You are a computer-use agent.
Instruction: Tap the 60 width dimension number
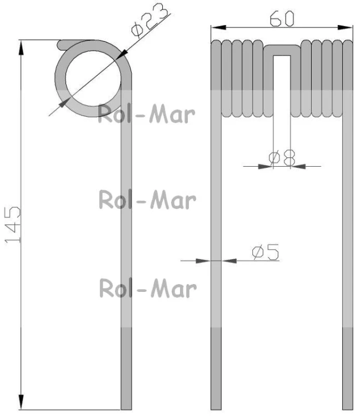[x=282, y=18]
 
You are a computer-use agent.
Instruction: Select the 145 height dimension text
[x=12, y=225]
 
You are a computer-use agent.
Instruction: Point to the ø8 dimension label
[x=282, y=157]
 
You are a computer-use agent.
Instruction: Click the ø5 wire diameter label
[x=266, y=251]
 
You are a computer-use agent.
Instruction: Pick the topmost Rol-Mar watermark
[x=147, y=115]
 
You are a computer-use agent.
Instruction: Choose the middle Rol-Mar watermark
[x=147, y=200]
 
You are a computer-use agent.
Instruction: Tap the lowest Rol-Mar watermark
[x=148, y=288]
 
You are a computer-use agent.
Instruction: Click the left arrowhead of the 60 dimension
[x=218, y=27]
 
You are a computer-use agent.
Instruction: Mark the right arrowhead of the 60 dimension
[x=345, y=27]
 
